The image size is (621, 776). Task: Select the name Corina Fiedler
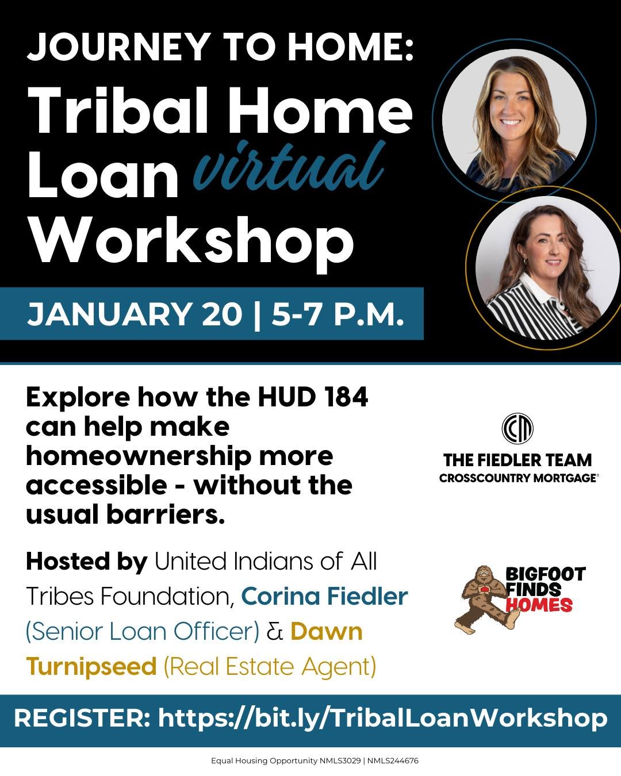pos(324,596)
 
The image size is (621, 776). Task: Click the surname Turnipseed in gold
pos(91,666)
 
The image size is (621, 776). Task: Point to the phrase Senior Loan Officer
pos(143,631)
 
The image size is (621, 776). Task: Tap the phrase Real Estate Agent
pos(270,666)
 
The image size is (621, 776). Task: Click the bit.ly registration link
pos(382,719)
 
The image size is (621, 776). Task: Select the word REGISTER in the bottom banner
pos(81,719)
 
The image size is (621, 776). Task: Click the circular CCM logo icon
pos(517,428)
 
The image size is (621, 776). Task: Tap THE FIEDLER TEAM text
pos(517,460)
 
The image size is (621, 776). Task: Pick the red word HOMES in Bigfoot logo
pos(539,605)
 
